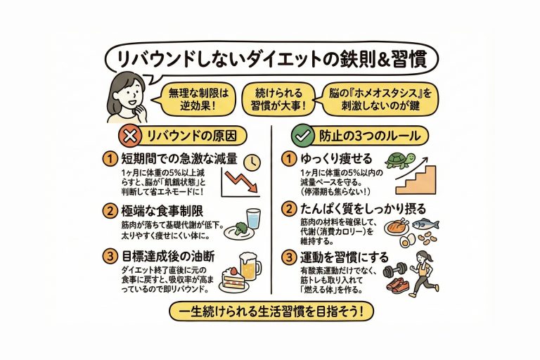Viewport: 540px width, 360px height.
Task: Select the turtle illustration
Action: (x=401, y=160)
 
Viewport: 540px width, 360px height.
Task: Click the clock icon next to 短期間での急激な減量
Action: (x=252, y=162)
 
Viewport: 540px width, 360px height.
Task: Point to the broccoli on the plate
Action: (x=240, y=227)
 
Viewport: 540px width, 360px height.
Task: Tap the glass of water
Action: (x=253, y=219)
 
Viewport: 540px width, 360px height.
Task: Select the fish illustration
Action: (x=425, y=224)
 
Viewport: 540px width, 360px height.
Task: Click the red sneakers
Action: (x=398, y=285)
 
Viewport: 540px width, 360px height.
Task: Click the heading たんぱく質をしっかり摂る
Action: (x=364, y=209)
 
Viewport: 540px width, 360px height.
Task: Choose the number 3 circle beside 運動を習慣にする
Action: (x=289, y=257)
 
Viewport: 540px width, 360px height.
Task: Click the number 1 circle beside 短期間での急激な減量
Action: (x=110, y=159)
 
